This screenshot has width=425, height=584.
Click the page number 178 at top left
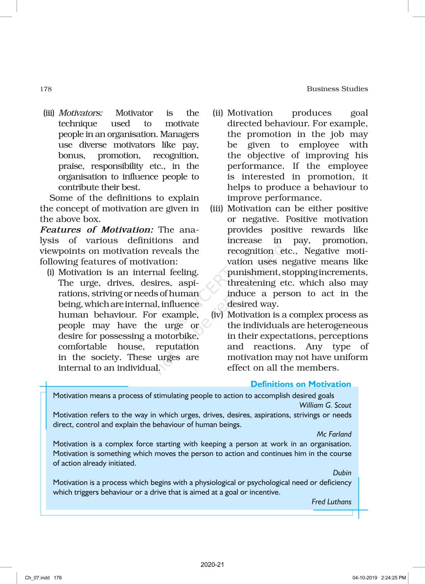click(x=46, y=89)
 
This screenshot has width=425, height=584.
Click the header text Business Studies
click(x=337, y=89)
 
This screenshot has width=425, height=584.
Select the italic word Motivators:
click(x=80, y=113)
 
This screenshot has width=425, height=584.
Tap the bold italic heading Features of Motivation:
click(x=97, y=230)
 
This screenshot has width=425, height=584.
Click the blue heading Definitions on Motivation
click(x=301, y=384)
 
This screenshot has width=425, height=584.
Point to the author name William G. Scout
click(x=325, y=405)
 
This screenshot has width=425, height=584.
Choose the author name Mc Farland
click(x=334, y=434)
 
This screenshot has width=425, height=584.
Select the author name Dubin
click(x=342, y=473)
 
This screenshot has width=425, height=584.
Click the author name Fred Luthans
click(x=331, y=502)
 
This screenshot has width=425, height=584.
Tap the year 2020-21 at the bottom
click(x=212, y=565)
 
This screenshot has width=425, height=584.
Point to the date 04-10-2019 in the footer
click(x=364, y=578)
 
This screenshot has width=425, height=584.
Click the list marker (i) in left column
click(x=51, y=272)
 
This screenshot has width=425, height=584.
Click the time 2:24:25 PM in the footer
click(x=393, y=578)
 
